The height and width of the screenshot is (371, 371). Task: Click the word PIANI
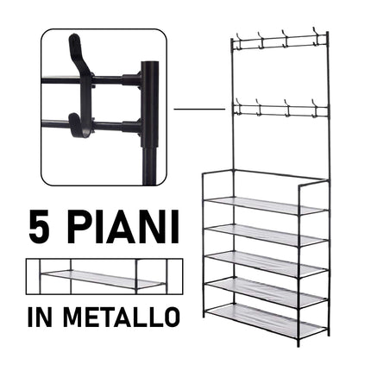tap(125, 228)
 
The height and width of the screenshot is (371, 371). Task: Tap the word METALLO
tap(122, 317)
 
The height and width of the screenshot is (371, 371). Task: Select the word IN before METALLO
tap(40, 317)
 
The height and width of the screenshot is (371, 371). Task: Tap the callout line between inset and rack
tap(199, 110)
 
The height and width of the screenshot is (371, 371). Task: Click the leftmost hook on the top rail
tap(238, 40)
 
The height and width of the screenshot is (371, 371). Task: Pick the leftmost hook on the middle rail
tap(238, 106)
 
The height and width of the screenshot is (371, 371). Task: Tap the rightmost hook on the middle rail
tap(315, 109)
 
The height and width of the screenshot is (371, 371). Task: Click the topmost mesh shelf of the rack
tap(267, 204)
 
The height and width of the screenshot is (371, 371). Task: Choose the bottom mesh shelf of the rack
tap(266, 318)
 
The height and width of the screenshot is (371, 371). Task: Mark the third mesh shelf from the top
tap(267, 261)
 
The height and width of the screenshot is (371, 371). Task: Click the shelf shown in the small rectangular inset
tap(103, 279)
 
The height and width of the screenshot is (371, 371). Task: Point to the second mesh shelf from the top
tap(267, 234)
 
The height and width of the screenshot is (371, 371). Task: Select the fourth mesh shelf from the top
tap(266, 290)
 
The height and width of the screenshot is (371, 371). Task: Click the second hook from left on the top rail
tap(261, 40)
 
